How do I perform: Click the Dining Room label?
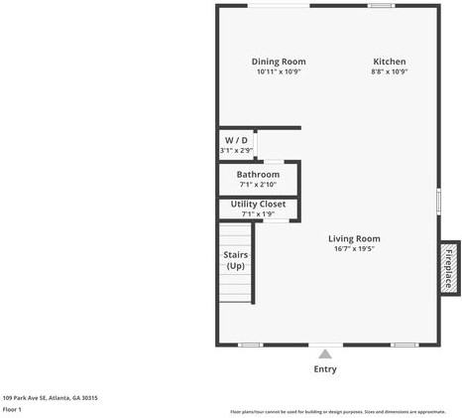[x=279, y=62]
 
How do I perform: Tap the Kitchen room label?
[x=389, y=62]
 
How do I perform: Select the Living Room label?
[x=354, y=238]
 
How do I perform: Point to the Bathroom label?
[x=258, y=175]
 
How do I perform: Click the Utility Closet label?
[x=258, y=204]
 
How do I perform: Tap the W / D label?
[x=236, y=140]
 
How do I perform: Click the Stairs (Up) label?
[x=235, y=260]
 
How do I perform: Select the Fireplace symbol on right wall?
[x=449, y=268]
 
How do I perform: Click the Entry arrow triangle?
[x=325, y=353]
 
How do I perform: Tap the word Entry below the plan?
[x=325, y=369]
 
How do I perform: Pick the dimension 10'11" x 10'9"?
[x=279, y=71]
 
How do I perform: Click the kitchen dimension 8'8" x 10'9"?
[x=389, y=71]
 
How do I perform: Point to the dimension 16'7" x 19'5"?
[x=354, y=249]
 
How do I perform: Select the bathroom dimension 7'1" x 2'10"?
[x=258, y=185]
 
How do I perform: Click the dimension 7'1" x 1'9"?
[x=258, y=213]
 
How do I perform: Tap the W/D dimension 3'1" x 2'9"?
[x=236, y=150]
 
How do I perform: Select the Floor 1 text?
[x=12, y=409]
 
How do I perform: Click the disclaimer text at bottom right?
[x=337, y=411]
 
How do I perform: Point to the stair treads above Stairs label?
[x=235, y=236]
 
